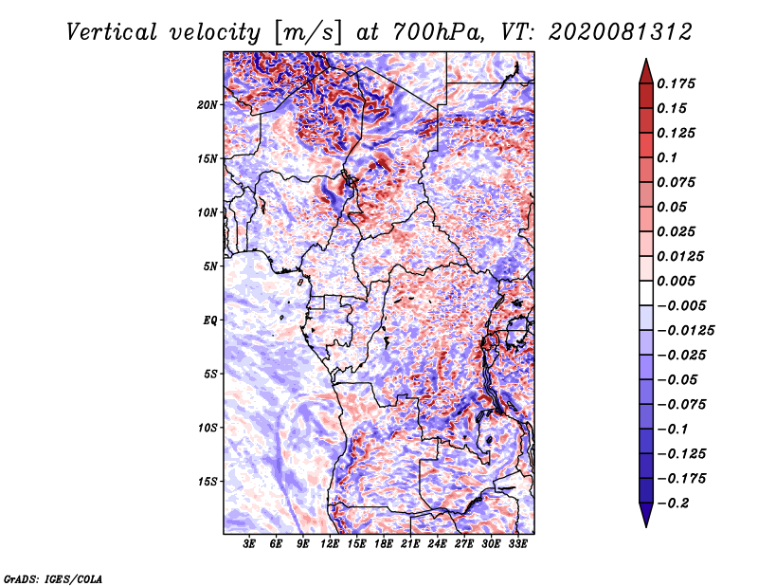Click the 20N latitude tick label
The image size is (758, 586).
pyautogui.click(x=208, y=104)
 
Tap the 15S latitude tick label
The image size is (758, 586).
pyautogui.click(x=208, y=481)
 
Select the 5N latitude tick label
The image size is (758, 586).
pyautogui.click(x=210, y=266)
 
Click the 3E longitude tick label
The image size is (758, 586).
pyautogui.click(x=250, y=544)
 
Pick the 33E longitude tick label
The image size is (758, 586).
pyautogui.click(x=518, y=544)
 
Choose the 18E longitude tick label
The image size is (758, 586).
pyautogui.click(x=384, y=544)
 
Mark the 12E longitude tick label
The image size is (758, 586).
pyautogui.click(x=331, y=544)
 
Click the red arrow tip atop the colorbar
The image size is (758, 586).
pyautogui.click(x=644, y=66)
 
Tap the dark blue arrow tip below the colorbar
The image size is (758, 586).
pyautogui.click(x=644, y=520)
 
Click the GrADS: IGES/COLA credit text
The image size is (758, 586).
pyautogui.click(x=52, y=577)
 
